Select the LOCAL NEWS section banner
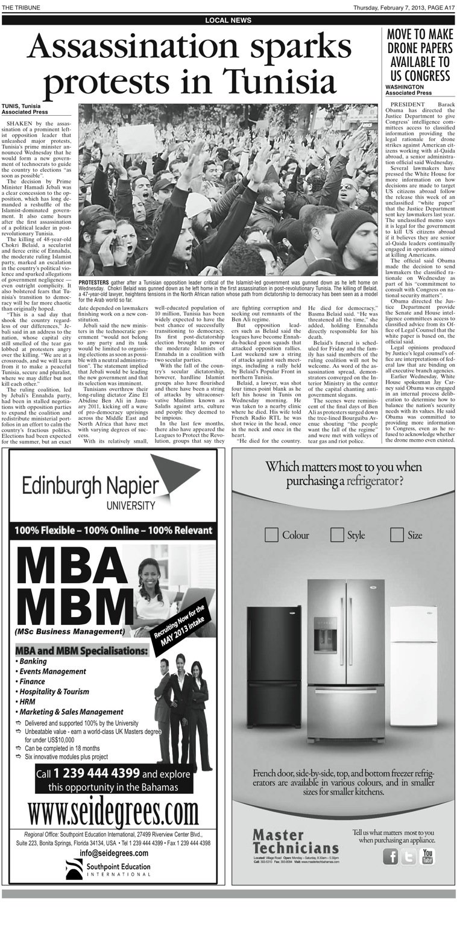228,21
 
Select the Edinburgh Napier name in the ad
90,486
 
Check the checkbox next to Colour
271,534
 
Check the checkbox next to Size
397,534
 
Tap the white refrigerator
412,660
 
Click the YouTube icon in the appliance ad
427,856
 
